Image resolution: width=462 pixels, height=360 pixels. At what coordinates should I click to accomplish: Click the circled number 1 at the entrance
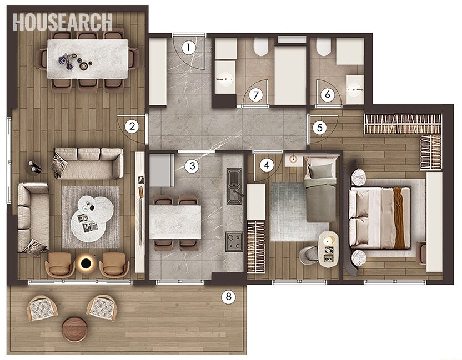point(189,48)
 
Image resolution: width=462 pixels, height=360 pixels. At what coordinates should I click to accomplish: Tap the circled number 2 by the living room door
point(132,126)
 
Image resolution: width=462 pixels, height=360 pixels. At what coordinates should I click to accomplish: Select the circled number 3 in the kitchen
point(192,166)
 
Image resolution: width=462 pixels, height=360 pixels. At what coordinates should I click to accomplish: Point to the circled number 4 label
point(267,165)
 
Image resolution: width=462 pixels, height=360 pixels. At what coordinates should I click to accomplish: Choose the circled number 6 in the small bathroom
point(328,95)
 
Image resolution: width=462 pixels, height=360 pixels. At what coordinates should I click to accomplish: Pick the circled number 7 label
point(255,95)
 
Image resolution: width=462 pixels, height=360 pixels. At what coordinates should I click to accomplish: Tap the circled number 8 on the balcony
point(228,297)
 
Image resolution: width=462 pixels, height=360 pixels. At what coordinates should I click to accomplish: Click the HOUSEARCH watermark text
point(63,22)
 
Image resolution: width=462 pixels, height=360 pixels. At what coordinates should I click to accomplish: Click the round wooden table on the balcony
point(75,329)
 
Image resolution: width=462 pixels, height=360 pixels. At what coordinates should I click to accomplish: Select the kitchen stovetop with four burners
point(234,241)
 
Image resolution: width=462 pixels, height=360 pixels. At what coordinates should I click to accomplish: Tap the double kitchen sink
point(234,186)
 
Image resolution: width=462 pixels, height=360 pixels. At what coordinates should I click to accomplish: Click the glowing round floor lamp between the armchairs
point(87,262)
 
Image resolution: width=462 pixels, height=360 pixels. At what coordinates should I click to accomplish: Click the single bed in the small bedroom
point(320,189)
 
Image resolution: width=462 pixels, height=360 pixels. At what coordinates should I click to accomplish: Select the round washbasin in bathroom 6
point(354,88)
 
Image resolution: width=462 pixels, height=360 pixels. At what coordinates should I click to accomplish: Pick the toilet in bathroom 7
point(261,47)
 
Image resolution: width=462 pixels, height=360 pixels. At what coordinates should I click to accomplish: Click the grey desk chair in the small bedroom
point(308,256)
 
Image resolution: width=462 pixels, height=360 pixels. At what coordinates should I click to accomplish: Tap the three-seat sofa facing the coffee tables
point(88,164)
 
